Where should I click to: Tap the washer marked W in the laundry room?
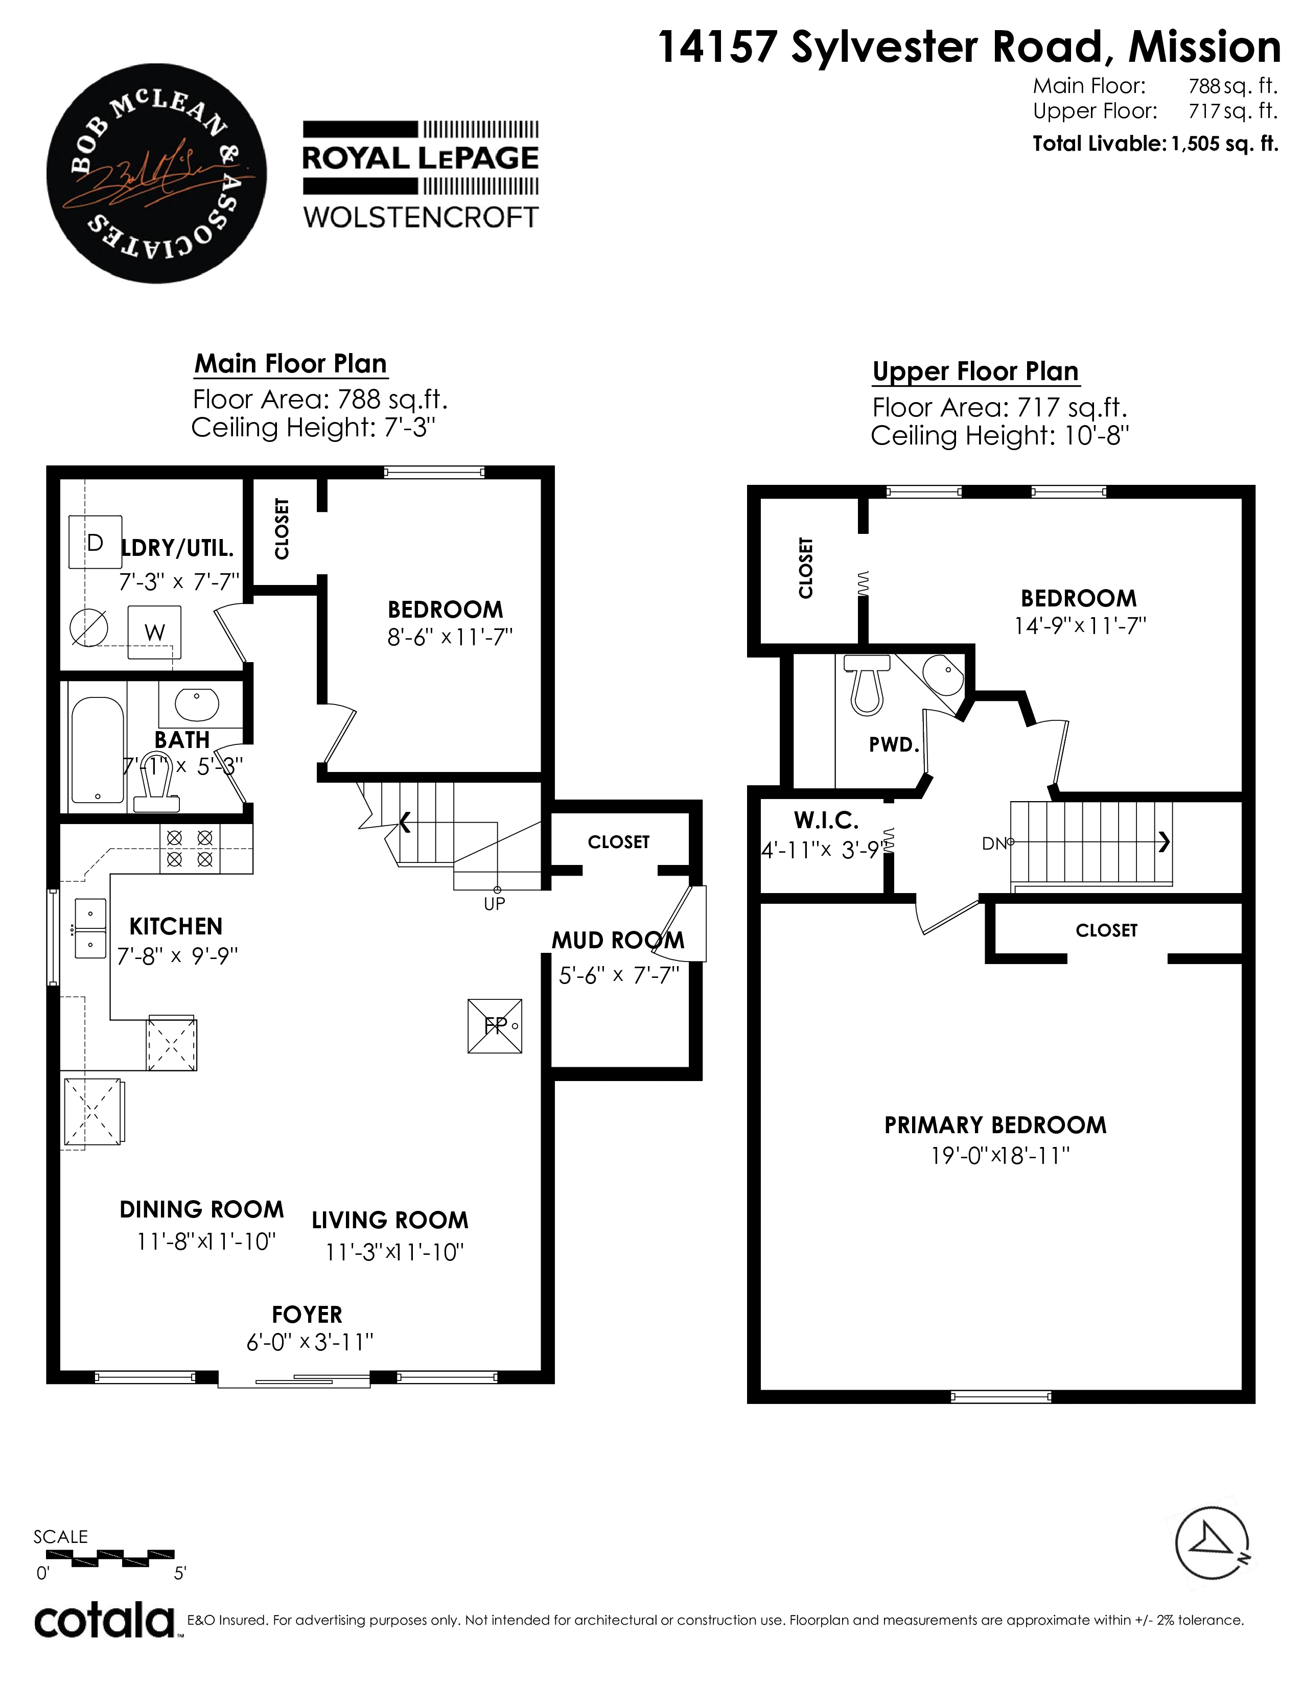[154, 633]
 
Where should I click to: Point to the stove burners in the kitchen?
[190, 849]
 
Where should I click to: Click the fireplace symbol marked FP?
[495, 1026]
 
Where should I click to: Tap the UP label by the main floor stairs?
[494, 903]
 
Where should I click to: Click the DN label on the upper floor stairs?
[994, 844]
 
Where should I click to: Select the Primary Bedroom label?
[995, 1125]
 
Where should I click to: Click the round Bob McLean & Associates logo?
[157, 173]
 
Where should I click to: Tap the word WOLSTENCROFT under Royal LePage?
[421, 218]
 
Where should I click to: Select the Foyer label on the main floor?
[307, 1314]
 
